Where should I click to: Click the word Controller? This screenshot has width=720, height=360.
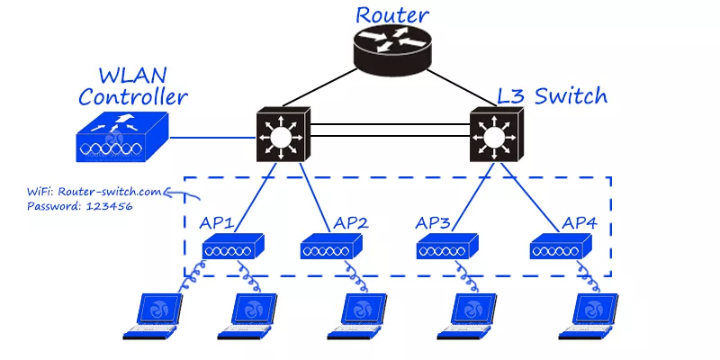[133, 96]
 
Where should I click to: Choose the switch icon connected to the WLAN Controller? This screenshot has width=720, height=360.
[283, 137]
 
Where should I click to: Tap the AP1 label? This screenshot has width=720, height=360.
[219, 221]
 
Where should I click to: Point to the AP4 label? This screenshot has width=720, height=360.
[582, 221]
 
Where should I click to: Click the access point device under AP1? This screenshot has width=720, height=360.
[231, 246]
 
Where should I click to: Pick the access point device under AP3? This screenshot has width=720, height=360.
[447, 246]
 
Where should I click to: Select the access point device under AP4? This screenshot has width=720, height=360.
[561, 246]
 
